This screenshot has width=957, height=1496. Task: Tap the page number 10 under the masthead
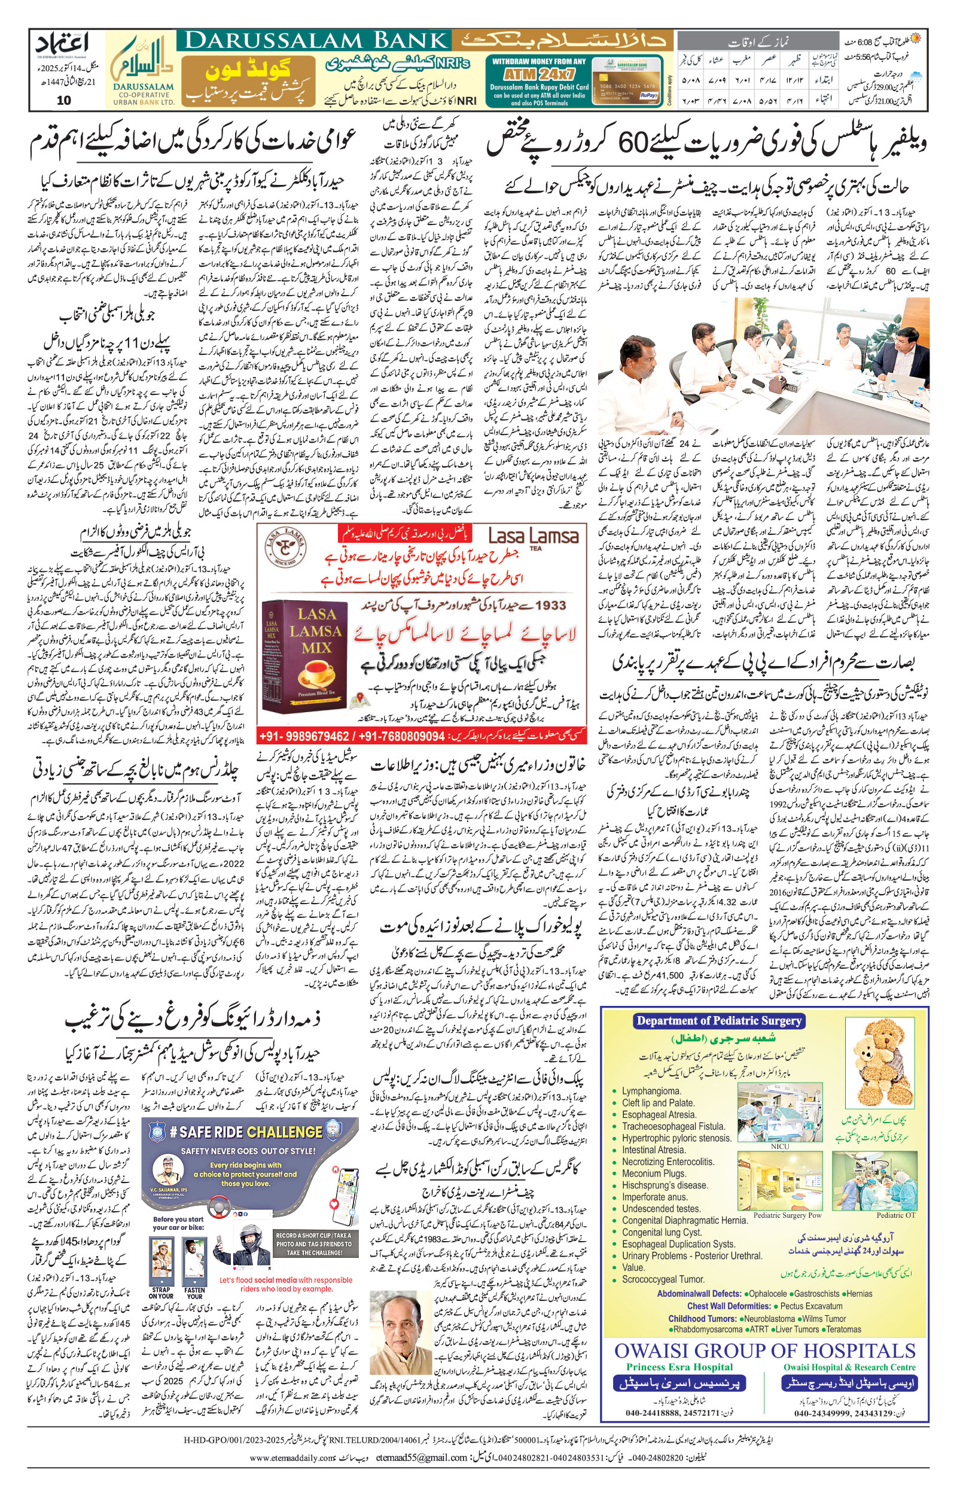pyautogui.click(x=63, y=100)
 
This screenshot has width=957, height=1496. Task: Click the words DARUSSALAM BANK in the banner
pyautogui.click(x=317, y=41)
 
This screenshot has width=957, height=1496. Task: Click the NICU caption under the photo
pyautogui.click(x=779, y=1146)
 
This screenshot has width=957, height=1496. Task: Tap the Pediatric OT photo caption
pyautogui.click(x=895, y=1215)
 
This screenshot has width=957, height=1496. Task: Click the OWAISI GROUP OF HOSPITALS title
pyautogui.click(x=765, y=1351)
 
